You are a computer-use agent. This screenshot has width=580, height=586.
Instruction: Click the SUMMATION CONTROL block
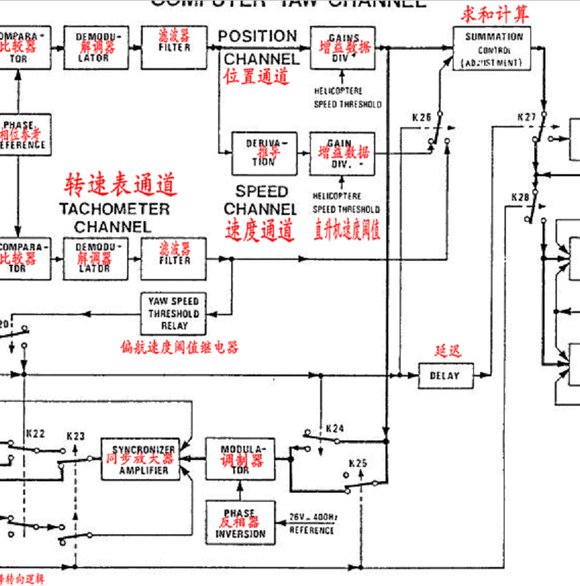[x=494, y=48]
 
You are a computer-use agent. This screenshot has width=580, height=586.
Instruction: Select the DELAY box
[x=445, y=375]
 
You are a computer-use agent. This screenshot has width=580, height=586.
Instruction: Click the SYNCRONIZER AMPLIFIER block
[x=143, y=459]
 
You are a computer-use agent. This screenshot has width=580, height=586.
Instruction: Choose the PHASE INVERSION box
[x=241, y=523]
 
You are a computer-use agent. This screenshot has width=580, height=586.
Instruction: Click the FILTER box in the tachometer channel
[x=173, y=259]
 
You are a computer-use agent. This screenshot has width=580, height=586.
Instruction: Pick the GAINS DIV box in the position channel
[x=343, y=47]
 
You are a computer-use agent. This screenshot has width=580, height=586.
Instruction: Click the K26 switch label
[x=422, y=117]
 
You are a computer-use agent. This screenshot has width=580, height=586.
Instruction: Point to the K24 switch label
[x=335, y=429]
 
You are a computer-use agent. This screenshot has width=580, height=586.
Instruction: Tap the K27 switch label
[x=527, y=117]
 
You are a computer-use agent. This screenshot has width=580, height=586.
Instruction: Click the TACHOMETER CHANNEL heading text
[x=114, y=217]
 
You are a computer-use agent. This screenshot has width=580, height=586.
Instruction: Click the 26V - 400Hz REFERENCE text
[x=312, y=523]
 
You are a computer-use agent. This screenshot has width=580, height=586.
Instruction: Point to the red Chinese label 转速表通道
[x=120, y=184]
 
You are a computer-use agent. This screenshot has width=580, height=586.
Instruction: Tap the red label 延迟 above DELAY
[x=447, y=351]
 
